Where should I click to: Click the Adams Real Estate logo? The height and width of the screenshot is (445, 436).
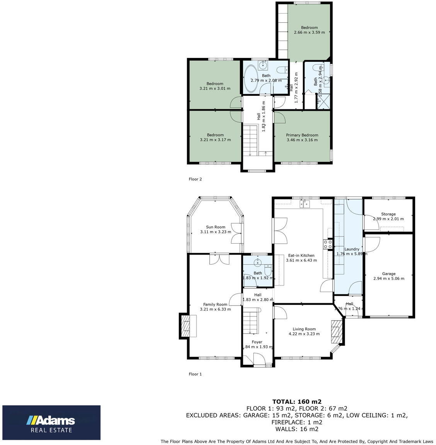click(x=51, y=422)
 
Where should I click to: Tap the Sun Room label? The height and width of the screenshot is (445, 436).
click(x=215, y=227)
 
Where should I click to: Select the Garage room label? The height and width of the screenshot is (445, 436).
click(x=388, y=273)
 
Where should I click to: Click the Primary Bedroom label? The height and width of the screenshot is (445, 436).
click(x=302, y=135)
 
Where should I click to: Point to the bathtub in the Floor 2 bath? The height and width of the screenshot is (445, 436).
click(x=251, y=79)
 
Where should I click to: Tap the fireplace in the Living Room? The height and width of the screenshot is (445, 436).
click(x=336, y=331)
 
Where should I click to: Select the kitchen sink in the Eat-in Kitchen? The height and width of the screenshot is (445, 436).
click(x=307, y=204)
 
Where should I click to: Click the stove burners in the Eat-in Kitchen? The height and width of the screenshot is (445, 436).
click(x=328, y=244)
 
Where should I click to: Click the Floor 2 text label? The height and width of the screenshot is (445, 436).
click(x=195, y=179)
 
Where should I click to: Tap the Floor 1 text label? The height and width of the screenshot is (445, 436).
click(x=195, y=374)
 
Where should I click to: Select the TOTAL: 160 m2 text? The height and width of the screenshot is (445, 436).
click(x=297, y=401)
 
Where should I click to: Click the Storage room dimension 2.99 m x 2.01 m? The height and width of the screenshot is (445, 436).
click(x=388, y=219)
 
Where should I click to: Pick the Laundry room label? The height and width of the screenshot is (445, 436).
click(x=352, y=249)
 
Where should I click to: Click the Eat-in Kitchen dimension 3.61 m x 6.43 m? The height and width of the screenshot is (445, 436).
click(x=301, y=260)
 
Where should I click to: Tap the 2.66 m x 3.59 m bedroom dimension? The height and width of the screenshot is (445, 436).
click(x=309, y=32)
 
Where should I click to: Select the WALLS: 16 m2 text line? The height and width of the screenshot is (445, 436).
click(x=297, y=429)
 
